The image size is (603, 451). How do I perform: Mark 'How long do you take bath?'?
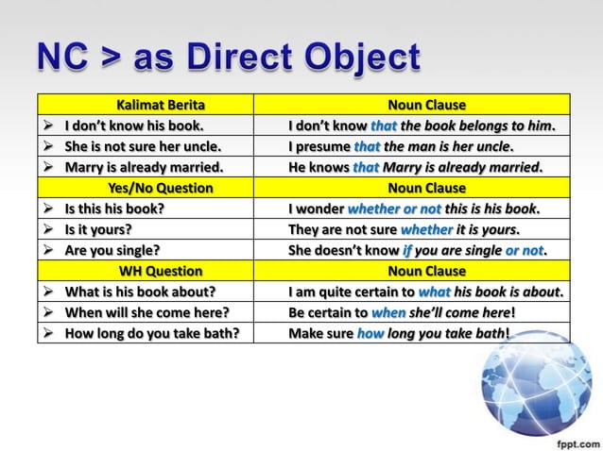[152, 333]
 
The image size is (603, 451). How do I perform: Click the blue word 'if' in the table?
[408, 250]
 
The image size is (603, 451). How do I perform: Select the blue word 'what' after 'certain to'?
[434, 292]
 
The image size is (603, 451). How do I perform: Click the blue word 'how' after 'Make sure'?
[370, 333]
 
